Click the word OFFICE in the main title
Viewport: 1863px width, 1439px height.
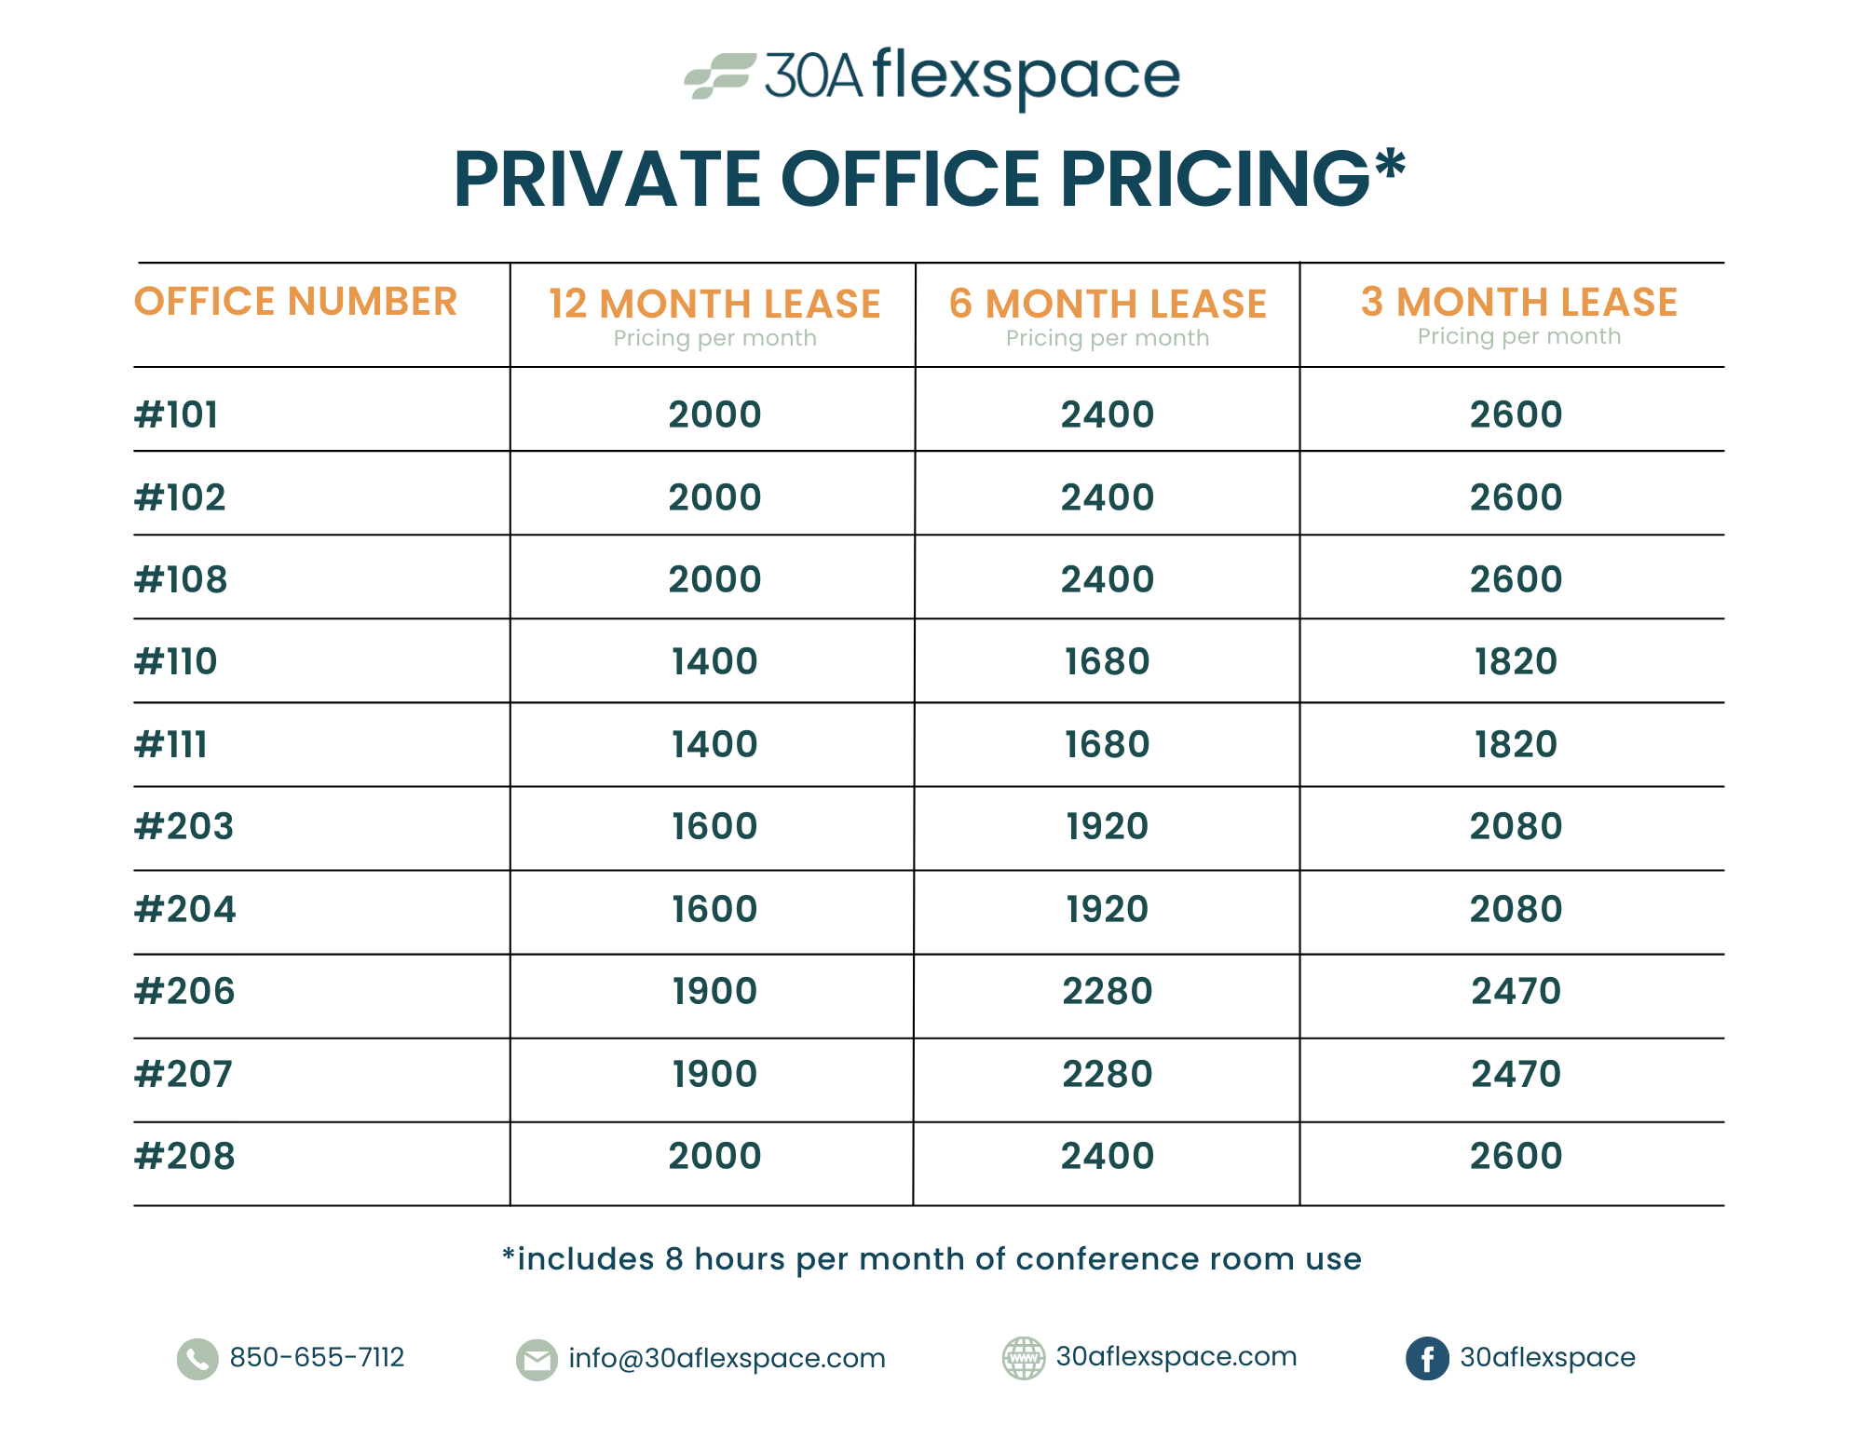click(909, 179)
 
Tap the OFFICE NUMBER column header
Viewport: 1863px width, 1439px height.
click(295, 302)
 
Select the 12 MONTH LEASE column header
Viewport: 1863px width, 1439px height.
click(714, 305)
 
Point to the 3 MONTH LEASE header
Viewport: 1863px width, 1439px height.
click(1518, 303)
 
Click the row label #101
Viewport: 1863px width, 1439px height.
click(177, 414)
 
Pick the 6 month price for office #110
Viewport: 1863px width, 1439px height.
click(1107, 661)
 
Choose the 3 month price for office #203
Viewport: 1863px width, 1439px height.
click(1516, 826)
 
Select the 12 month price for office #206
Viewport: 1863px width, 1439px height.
click(714, 991)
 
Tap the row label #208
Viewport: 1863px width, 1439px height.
click(185, 1156)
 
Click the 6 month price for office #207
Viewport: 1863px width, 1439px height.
click(1107, 1074)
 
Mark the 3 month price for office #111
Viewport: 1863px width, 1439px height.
click(1516, 744)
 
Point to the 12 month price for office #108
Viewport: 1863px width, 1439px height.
click(714, 579)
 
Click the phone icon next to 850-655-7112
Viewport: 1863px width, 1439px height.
click(197, 1359)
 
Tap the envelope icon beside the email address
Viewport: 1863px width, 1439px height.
click(537, 1360)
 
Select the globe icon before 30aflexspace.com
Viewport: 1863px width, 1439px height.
click(1023, 1358)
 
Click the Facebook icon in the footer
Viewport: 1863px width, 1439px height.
click(1427, 1359)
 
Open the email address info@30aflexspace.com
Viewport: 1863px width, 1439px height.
click(727, 1359)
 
